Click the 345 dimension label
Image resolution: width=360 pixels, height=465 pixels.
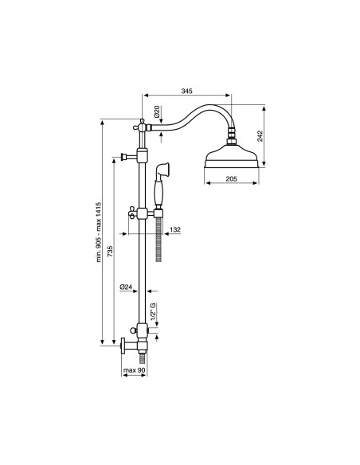click(x=186, y=91)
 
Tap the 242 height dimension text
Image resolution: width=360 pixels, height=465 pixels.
click(x=260, y=136)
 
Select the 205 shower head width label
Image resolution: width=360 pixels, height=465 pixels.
click(x=231, y=179)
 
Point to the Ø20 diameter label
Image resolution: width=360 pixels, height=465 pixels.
click(x=157, y=111)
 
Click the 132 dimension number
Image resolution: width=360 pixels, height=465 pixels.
click(x=175, y=229)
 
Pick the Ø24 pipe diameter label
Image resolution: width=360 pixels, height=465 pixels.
click(x=126, y=287)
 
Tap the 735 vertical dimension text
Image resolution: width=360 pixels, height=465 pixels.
click(x=110, y=252)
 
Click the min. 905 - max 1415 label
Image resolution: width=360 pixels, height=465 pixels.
click(x=99, y=232)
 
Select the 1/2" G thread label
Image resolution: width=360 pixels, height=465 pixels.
click(x=153, y=311)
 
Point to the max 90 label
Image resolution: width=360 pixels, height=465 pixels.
click(x=134, y=370)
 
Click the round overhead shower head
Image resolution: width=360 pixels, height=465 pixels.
click(x=231, y=156)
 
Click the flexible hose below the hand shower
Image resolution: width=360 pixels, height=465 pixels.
click(x=158, y=240)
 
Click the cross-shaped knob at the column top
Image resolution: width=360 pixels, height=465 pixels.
click(x=142, y=127)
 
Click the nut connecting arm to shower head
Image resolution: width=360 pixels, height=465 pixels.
click(x=231, y=136)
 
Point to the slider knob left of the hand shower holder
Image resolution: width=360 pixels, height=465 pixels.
click(x=132, y=213)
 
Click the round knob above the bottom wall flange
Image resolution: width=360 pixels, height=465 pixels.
click(x=134, y=330)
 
